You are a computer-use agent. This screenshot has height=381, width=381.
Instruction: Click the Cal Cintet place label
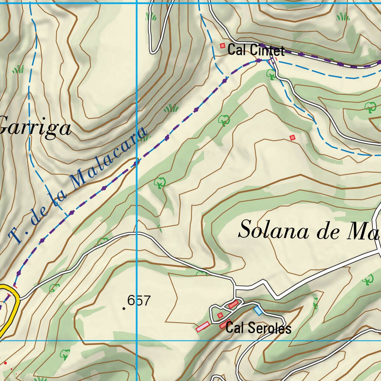[x=256, y=50]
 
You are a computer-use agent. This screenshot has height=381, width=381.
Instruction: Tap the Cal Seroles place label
[x=258, y=328]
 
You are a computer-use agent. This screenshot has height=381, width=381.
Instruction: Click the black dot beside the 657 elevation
[x=124, y=308]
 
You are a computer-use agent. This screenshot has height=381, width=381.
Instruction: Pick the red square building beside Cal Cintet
[x=222, y=46]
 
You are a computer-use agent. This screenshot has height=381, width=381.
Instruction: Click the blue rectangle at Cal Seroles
[x=257, y=310]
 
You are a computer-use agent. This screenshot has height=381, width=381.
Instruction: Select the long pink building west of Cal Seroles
[x=203, y=327]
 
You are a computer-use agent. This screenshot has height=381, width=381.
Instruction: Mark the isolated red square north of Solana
[x=292, y=138]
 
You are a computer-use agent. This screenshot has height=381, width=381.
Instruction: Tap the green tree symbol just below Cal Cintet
[x=271, y=74]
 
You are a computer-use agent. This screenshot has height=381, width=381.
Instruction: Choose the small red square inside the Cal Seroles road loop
[x=220, y=316]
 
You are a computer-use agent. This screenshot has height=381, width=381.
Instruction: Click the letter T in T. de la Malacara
[x=16, y=236]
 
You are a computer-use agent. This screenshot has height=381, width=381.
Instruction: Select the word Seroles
[x=269, y=328]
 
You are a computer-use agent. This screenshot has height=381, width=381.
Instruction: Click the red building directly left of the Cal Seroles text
[x=223, y=326]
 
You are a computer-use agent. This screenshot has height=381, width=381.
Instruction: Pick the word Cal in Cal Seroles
[x=234, y=328]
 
